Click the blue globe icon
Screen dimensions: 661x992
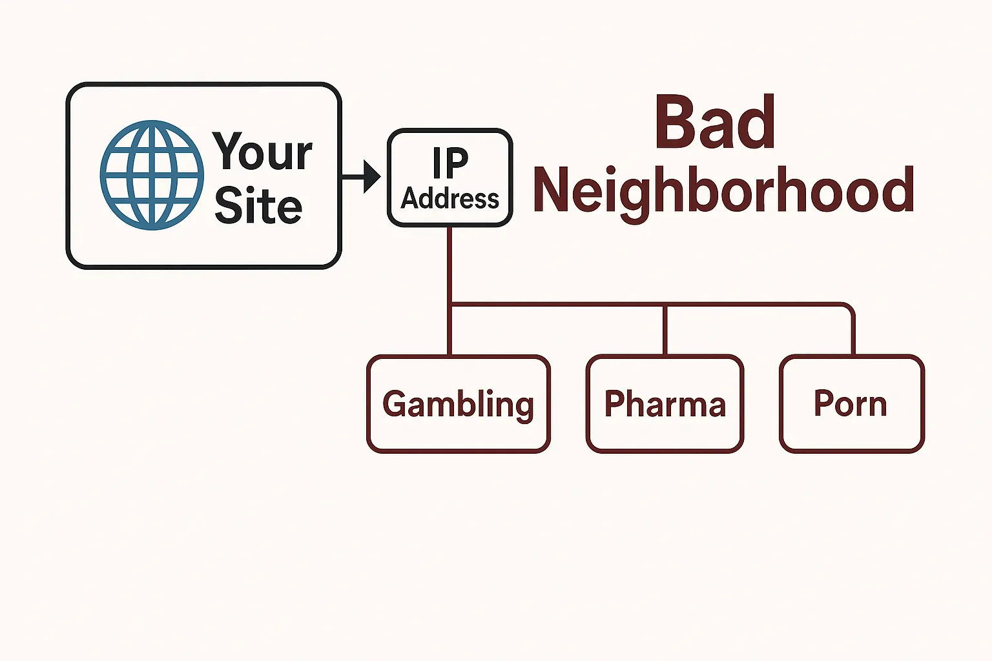click(x=152, y=174)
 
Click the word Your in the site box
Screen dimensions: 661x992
click(x=263, y=152)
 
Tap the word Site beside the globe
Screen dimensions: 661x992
click(x=258, y=206)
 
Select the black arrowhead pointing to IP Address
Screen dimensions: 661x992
click(x=371, y=176)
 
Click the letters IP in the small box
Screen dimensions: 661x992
click(x=450, y=163)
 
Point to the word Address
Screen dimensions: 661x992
click(x=450, y=199)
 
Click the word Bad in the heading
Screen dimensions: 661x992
click(x=714, y=123)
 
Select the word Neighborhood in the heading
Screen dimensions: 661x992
click(x=723, y=190)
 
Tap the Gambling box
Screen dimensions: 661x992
click(x=459, y=432)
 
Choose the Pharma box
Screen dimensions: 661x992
click(x=665, y=432)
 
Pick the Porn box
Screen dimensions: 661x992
click(x=852, y=432)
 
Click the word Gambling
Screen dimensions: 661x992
click(x=458, y=405)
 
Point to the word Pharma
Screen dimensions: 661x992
click(x=665, y=404)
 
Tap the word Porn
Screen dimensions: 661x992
click(x=850, y=404)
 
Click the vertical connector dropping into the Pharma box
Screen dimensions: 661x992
click(x=665, y=329)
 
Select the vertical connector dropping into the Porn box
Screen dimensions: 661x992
click(x=853, y=332)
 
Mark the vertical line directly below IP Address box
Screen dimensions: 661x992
click(x=450, y=265)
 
